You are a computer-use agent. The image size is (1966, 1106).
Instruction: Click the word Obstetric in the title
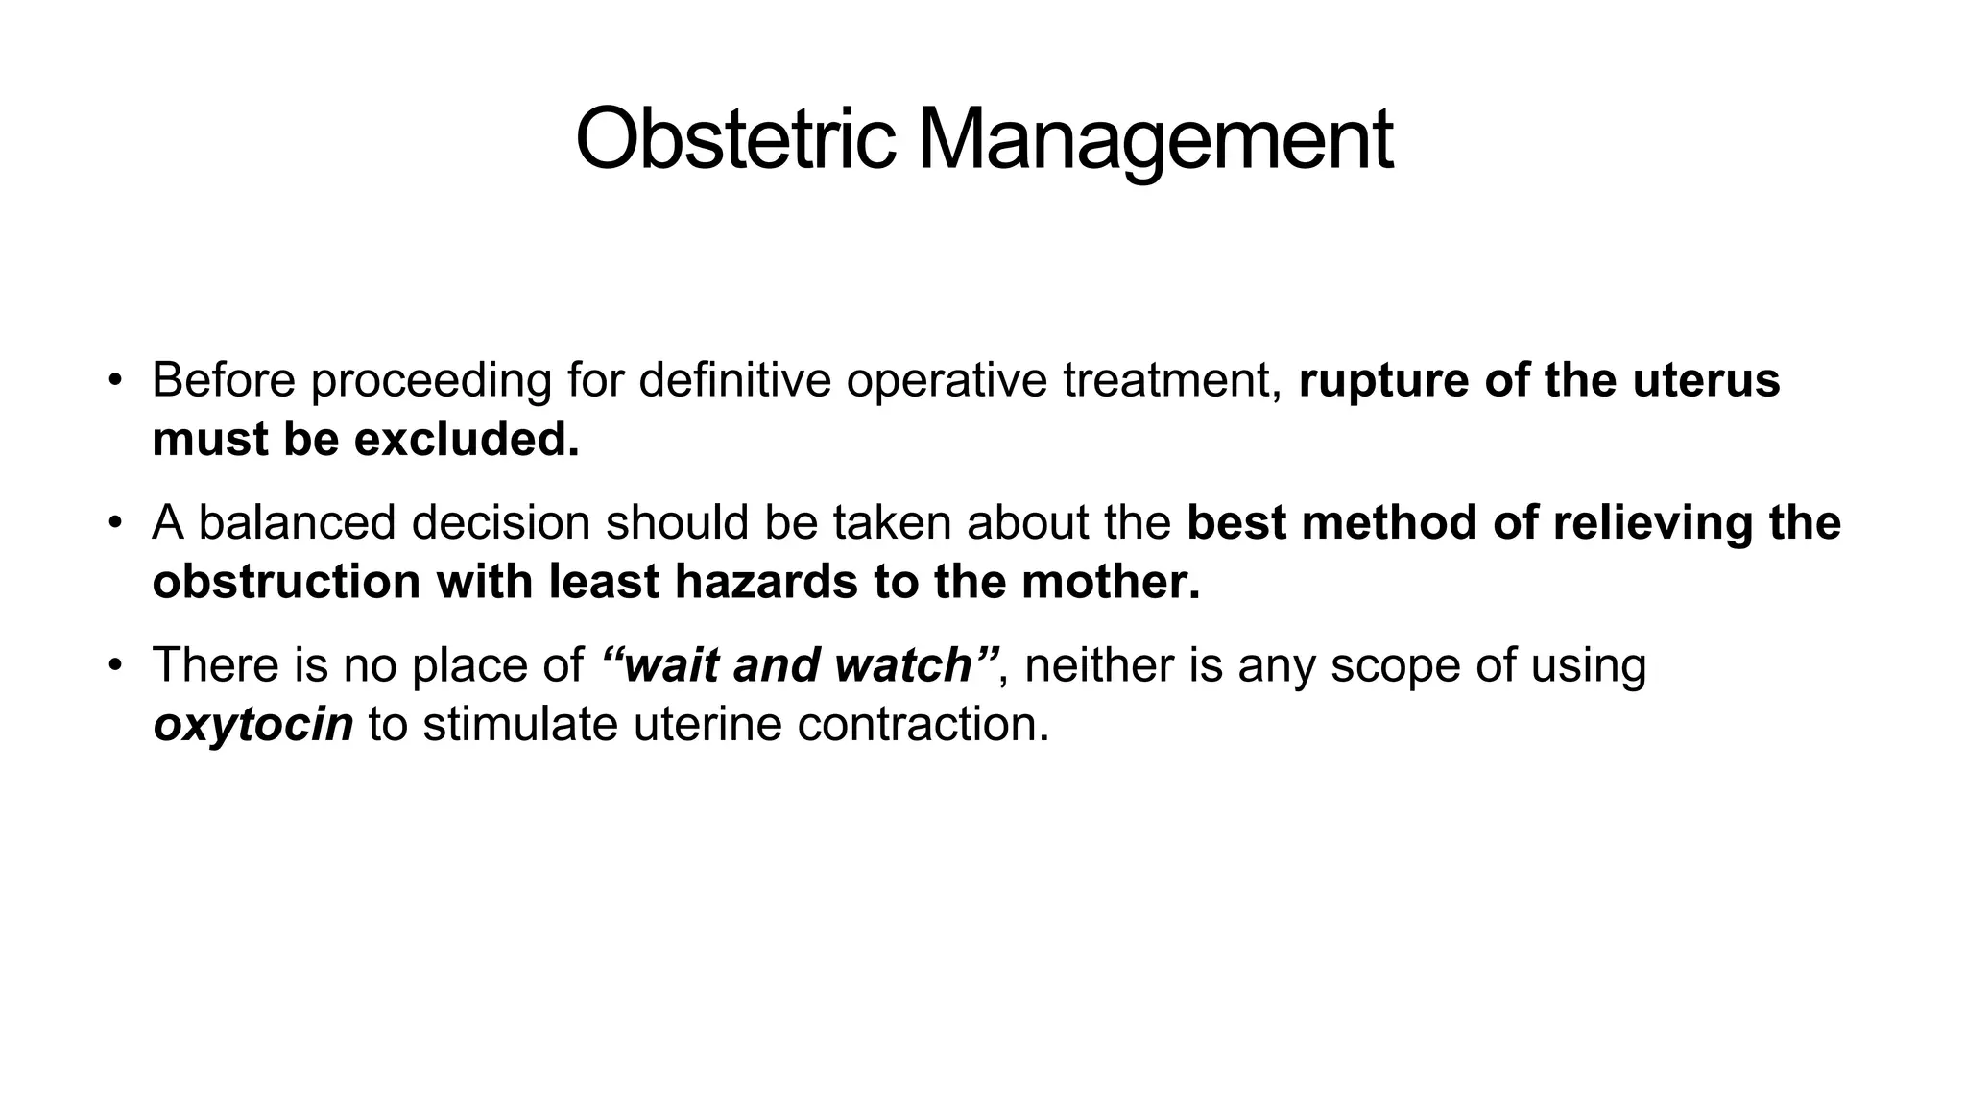point(735,139)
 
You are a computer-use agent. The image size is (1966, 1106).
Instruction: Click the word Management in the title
point(1155,139)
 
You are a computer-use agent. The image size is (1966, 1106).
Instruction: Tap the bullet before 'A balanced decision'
point(115,523)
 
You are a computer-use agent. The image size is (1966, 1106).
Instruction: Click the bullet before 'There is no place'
point(115,664)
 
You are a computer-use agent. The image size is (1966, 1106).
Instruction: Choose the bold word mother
point(1109,582)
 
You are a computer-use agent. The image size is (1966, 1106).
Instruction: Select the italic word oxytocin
point(253,725)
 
